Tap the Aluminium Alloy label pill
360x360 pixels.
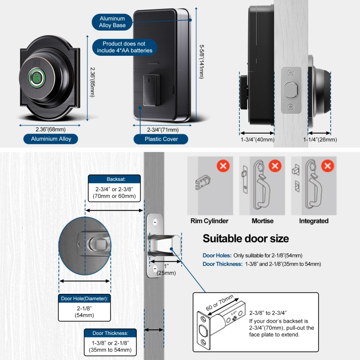coord(51,139)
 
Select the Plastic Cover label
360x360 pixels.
coord(161,139)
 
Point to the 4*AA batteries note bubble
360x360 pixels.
coord(124,47)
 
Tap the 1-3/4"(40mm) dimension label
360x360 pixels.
coord(257,139)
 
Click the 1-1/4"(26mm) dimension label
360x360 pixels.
coord(320,139)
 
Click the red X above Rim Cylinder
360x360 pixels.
coord(223,166)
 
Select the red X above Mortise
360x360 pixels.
coord(274,166)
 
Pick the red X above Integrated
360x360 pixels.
coord(328,166)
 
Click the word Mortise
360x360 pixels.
coord(262,221)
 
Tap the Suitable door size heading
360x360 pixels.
coord(246,238)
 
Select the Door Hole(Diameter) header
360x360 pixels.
coord(85,298)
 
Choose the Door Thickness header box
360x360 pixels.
coord(110,333)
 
